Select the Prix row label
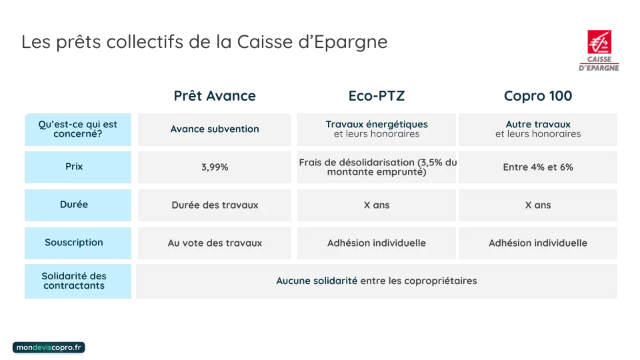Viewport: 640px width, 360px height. pyautogui.click(x=74, y=166)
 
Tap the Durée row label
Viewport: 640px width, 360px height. pyautogui.click(x=74, y=205)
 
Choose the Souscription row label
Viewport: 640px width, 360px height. pyautogui.click(x=74, y=243)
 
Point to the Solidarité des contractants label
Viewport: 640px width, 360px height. pyautogui.click(x=74, y=281)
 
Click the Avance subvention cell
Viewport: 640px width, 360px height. pyautogui.click(x=215, y=129)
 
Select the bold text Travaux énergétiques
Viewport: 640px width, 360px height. pyautogui.click(x=377, y=124)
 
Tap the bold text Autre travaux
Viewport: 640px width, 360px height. pyautogui.click(x=538, y=124)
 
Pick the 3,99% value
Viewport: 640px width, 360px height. pyautogui.click(x=215, y=167)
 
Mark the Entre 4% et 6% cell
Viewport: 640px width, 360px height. pyautogui.click(x=538, y=167)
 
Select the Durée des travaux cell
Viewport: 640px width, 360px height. pyautogui.click(x=215, y=205)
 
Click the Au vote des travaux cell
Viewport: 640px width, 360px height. pyautogui.click(x=215, y=243)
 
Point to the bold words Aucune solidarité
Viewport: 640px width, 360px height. pyautogui.click(x=317, y=281)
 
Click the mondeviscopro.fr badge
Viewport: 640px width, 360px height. pyautogui.click(x=49, y=348)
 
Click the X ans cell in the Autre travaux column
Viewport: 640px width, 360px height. pyautogui.click(x=538, y=205)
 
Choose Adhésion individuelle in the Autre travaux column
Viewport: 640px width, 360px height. pyautogui.click(x=538, y=243)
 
